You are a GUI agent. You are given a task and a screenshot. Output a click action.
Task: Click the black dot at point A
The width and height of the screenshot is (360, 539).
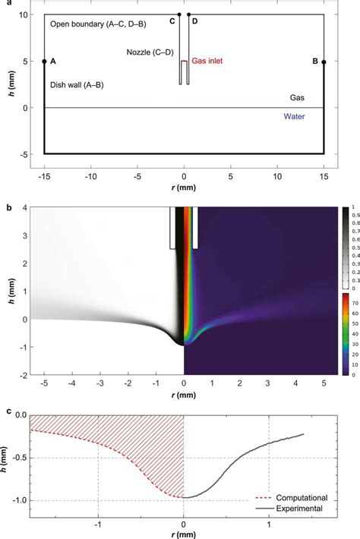pos(44,61)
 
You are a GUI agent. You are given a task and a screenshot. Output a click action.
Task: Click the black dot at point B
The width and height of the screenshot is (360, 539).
pos(324,61)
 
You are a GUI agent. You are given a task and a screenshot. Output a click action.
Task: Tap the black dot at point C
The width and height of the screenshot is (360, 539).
pos(179,14)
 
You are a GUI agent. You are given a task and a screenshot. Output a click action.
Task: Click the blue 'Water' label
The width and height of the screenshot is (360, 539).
pos(295,116)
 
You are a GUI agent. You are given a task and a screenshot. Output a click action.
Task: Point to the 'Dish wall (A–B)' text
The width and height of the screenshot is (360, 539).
pos(77,86)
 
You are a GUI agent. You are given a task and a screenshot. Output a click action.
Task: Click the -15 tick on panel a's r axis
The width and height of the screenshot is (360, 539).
pos(44,165)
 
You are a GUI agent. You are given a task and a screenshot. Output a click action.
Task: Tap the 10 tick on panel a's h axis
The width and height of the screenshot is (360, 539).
pos(25,15)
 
